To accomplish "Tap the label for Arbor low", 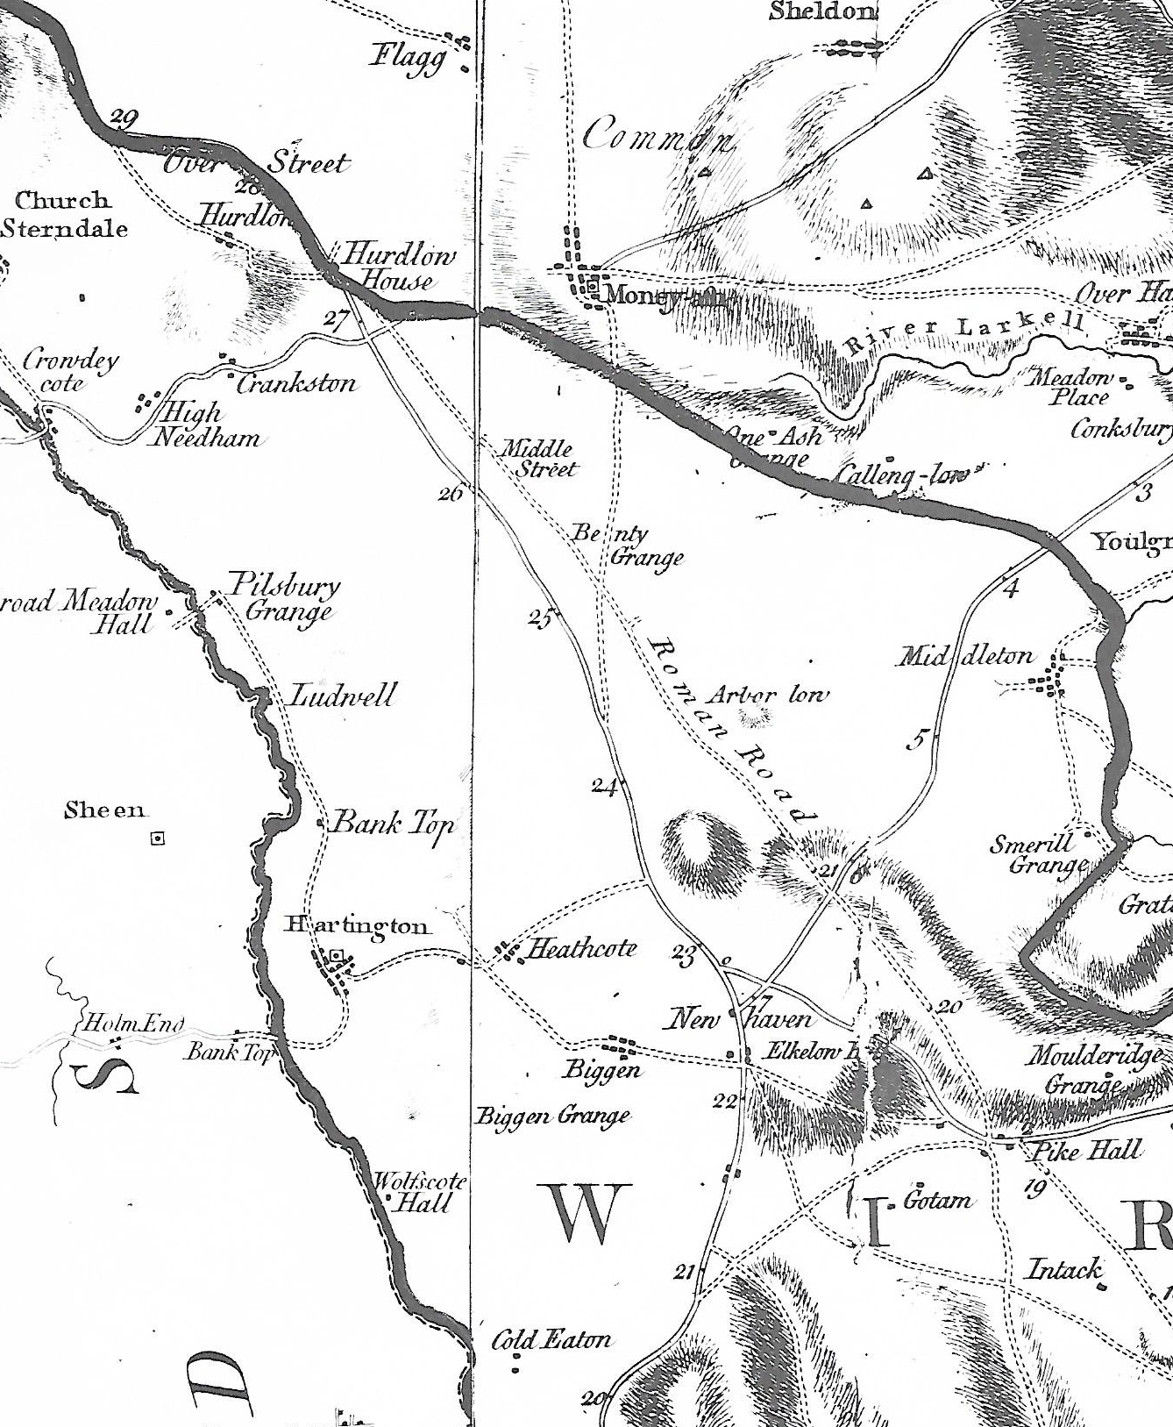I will click(767, 696).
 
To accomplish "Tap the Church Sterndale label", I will click(63, 215).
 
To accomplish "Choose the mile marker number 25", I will click(540, 618).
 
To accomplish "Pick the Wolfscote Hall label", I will click(419, 1192).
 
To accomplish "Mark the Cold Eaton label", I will click(551, 1339).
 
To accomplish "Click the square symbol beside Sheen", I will click(158, 838).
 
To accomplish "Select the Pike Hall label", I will click(1086, 1150).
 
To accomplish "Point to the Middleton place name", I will click(964, 656).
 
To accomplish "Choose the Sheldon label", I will click(822, 11).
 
